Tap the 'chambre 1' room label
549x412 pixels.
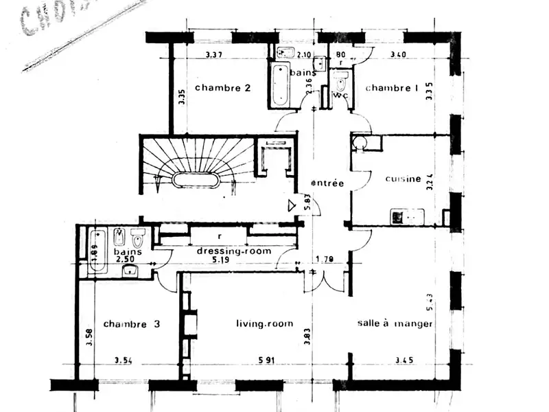pos(391,88)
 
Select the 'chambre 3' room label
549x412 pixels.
pos(131,324)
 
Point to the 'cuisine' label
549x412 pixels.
pos(403,179)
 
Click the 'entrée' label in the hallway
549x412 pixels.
pos(327,183)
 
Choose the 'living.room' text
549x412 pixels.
pos(264,323)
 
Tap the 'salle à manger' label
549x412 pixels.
pos(395,323)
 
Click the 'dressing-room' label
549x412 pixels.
pos(234,251)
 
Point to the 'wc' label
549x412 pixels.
pos(341,95)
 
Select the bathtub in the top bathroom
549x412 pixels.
pos(281,85)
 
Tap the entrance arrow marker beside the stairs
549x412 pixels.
pos(292,205)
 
